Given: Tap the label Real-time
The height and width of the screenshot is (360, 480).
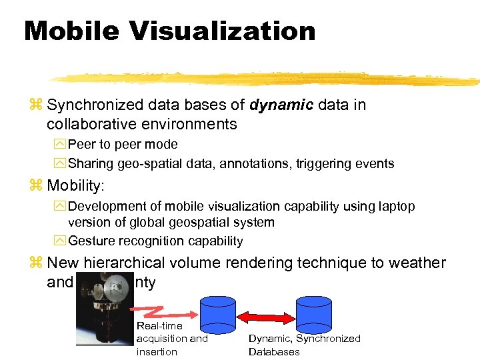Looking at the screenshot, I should (x=159, y=325).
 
